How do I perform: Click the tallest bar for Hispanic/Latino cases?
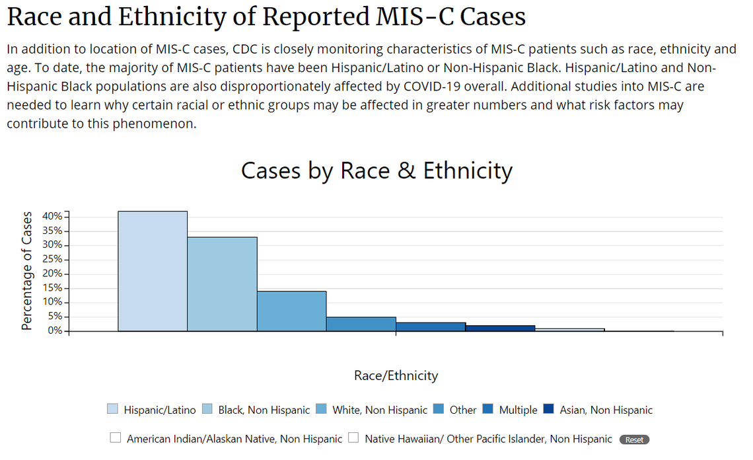click(153, 271)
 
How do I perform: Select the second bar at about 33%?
click(222, 284)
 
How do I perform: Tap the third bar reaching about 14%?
click(291, 311)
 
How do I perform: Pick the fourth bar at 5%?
click(361, 324)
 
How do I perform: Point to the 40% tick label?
click(52, 217)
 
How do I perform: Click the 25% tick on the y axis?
click(52, 260)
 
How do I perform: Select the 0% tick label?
click(55, 331)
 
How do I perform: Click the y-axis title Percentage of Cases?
click(26, 271)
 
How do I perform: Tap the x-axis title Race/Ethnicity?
click(396, 375)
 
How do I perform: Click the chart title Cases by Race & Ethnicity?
click(377, 171)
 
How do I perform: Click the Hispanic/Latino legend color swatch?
click(113, 409)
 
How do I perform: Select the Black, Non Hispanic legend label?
click(264, 410)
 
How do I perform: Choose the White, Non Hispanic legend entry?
click(380, 410)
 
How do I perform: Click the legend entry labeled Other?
click(462, 410)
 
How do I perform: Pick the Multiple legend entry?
click(518, 410)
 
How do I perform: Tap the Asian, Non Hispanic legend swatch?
click(548, 409)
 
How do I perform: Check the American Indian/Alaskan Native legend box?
click(116, 438)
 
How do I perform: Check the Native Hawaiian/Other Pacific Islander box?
click(353, 438)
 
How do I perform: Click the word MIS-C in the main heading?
click(410, 17)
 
